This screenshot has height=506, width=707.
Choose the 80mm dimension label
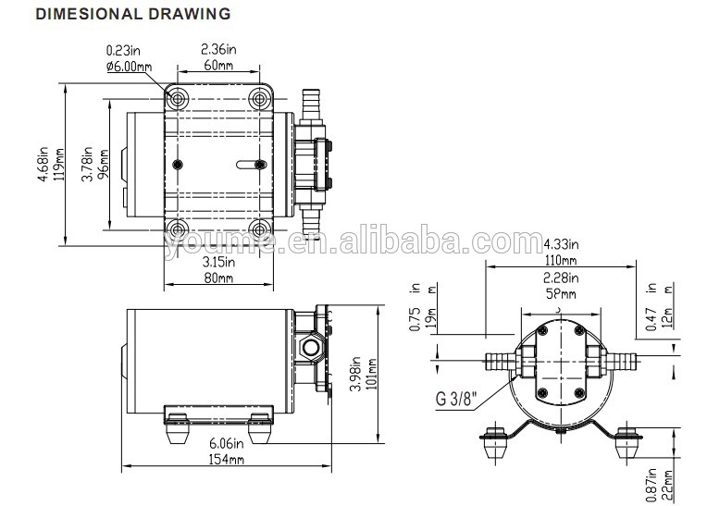pyautogui.click(x=218, y=278)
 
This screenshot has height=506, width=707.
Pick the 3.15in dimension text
pyautogui.click(x=218, y=263)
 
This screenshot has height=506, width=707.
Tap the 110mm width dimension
pyautogui.click(x=561, y=261)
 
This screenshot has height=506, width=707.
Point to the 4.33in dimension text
pyautogui.click(x=561, y=245)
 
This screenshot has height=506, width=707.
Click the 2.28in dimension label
pyautogui.click(x=561, y=278)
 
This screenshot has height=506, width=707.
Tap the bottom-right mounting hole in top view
pyautogui.click(x=260, y=229)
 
